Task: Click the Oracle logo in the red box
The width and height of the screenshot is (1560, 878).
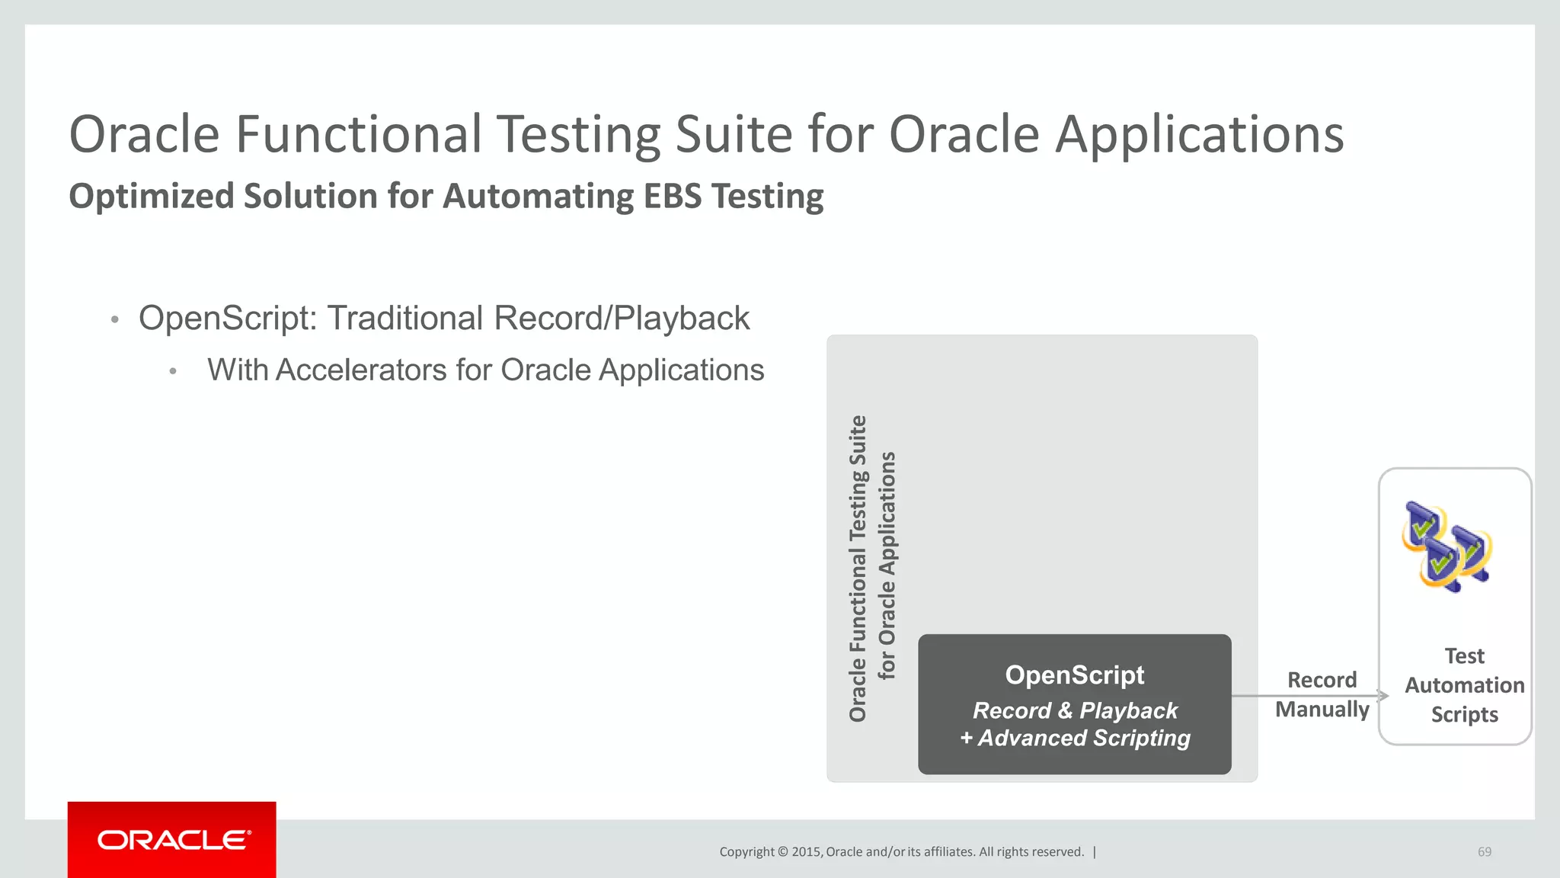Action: click(x=173, y=840)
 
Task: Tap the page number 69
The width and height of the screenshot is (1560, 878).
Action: click(x=1484, y=852)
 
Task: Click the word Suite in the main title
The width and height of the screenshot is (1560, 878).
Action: click(x=734, y=135)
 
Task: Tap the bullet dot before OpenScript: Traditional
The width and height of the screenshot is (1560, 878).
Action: click(x=114, y=319)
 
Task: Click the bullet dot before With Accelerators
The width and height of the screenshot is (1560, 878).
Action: click(x=173, y=371)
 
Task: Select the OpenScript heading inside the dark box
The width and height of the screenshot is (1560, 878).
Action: click(x=1074, y=675)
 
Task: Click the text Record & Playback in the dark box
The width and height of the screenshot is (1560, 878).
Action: click(x=1074, y=710)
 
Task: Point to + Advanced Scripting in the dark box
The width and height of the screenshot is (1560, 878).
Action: click(x=1074, y=739)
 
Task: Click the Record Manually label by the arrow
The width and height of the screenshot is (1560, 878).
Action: click(x=1322, y=694)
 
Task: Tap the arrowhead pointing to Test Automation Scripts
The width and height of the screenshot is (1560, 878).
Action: click(x=1383, y=695)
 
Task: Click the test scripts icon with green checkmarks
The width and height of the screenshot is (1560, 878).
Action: click(x=1446, y=546)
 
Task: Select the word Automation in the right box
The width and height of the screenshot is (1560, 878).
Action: click(x=1464, y=685)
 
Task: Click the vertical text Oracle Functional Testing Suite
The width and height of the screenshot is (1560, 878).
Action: click(x=858, y=568)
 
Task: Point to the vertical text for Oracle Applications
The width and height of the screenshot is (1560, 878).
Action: click(x=887, y=565)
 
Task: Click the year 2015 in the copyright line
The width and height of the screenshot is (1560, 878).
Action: click(x=806, y=852)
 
